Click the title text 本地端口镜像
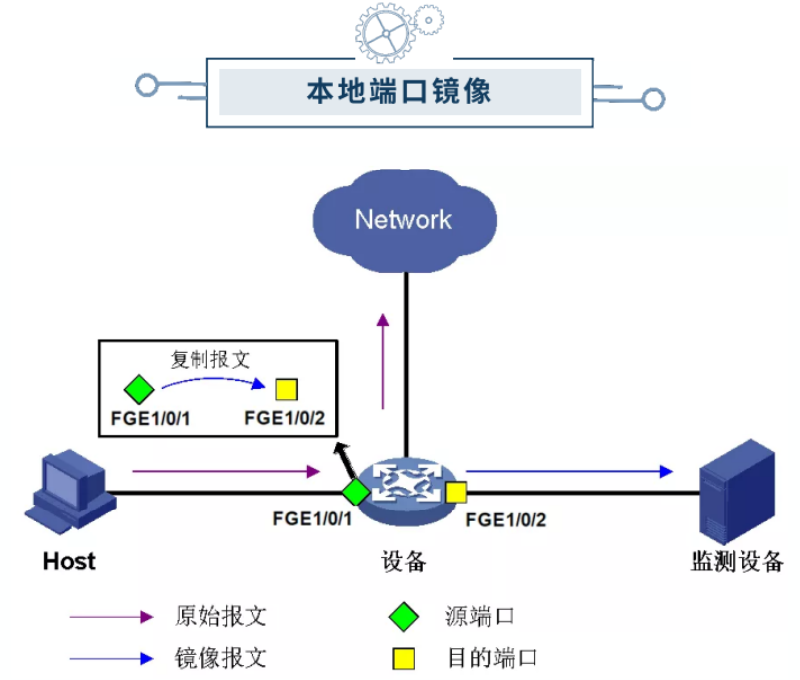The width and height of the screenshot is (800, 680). pos(398,92)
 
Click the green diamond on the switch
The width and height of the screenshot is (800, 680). pos(356,491)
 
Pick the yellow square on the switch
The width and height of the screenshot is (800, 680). pos(456,491)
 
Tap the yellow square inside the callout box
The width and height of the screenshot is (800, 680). pos(287,389)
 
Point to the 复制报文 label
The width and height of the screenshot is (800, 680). pos(209,360)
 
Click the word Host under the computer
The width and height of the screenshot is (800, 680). pos(69,561)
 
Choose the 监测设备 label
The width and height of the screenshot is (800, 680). pos(737,561)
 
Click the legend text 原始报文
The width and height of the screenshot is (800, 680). pos(220,616)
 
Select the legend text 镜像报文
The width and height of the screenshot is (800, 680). pos(220,657)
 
